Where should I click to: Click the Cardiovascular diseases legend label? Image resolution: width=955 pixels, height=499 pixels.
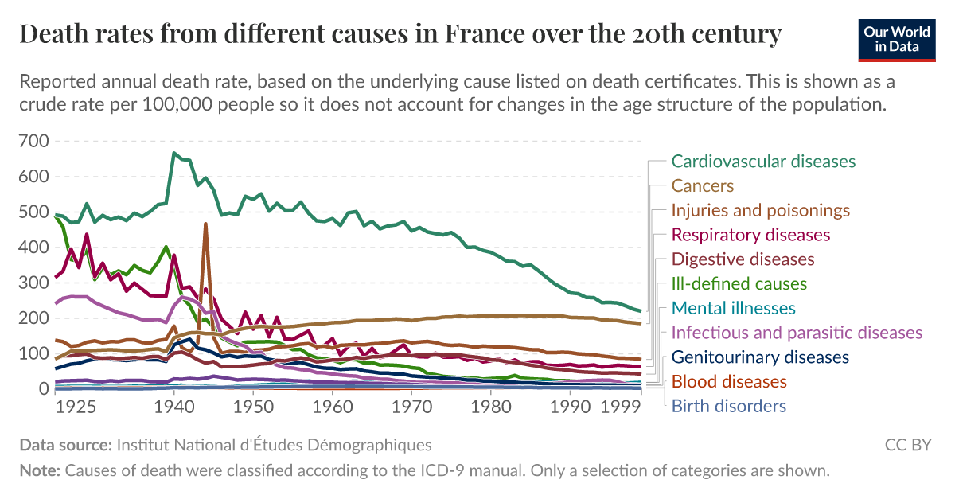(x=763, y=162)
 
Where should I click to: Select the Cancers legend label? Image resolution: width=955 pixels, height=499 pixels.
(x=702, y=186)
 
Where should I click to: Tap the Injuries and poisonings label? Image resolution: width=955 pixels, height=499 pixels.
(x=761, y=211)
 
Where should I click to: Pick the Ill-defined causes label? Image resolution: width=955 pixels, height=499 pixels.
(x=739, y=284)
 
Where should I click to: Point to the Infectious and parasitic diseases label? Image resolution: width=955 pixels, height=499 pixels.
(x=797, y=333)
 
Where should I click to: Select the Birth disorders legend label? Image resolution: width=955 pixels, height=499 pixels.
(x=728, y=407)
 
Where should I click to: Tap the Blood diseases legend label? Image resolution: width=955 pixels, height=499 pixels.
(x=729, y=382)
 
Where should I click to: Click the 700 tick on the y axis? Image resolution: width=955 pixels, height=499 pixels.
(x=33, y=142)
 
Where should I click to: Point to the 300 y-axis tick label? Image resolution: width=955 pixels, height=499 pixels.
(x=33, y=283)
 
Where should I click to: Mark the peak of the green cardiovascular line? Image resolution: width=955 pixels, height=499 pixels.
(x=173, y=152)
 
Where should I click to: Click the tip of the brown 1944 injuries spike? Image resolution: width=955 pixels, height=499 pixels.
(x=205, y=224)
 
